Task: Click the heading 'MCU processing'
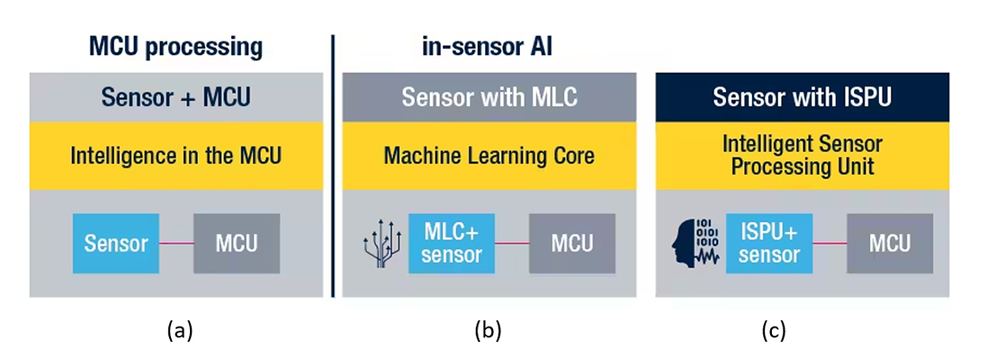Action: point(175,47)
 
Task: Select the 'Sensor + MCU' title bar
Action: point(175,96)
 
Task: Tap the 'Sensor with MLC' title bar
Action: point(489,96)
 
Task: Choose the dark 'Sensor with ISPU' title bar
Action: point(802,96)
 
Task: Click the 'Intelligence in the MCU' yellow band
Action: point(175,156)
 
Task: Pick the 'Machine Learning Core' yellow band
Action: point(489,156)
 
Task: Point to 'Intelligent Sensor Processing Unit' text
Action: point(802,156)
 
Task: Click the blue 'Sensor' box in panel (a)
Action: point(116,243)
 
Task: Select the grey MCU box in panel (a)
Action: point(237,243)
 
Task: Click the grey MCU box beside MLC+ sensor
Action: point(571,243)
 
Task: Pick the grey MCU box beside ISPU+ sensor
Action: point(890,243)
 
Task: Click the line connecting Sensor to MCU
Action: point(176,243)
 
